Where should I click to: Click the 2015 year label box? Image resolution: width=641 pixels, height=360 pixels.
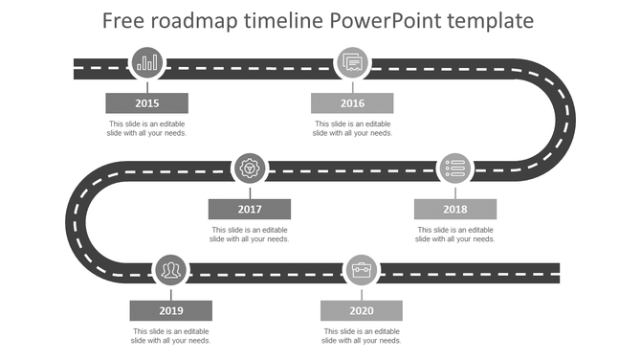pos(146,103)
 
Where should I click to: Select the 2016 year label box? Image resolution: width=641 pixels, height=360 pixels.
pos(352,103)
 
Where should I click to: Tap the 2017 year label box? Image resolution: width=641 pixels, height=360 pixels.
pos(250,209)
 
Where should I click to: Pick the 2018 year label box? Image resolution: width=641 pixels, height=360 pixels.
pos(454,209)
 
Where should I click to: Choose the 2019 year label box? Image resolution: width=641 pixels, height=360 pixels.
pos(171,310)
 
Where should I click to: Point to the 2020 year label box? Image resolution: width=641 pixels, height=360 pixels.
pos(361,310)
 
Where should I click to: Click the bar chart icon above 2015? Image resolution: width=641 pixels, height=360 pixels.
pos(147,63)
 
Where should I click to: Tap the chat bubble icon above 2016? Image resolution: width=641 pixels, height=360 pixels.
pos(352,63)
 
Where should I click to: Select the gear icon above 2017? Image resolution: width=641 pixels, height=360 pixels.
pos(250,169)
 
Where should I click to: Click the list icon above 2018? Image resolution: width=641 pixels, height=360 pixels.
pos(455,169)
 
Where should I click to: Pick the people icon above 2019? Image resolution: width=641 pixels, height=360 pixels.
pos(171,271)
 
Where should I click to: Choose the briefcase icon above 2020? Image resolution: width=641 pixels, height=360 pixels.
pos(361,271)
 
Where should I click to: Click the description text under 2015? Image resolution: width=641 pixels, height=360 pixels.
pos(147,128)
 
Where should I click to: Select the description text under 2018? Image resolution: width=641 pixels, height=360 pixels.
pos(454,235)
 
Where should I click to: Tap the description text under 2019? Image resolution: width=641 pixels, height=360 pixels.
pos(171,336)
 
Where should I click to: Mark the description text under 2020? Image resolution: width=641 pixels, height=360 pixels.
pos(361,336)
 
